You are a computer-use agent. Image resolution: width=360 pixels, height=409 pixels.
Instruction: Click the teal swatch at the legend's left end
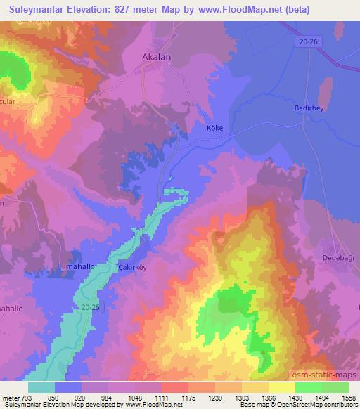41,387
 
